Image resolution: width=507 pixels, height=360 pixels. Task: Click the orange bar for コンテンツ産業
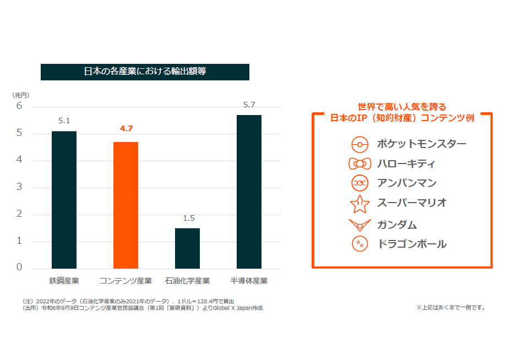pos(126,205)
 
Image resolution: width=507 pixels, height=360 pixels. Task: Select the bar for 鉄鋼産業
pos(64,200)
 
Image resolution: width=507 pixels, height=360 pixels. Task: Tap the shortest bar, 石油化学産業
pos(188,248)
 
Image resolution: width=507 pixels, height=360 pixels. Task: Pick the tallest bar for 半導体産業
pos(249,192)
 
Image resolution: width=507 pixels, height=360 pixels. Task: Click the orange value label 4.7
pos(126,129)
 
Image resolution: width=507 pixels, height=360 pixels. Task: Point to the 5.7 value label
pos(249,105)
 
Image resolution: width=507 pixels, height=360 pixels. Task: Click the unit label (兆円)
pos(21,95)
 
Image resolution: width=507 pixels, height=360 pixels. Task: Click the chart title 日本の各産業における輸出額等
pos(145,72)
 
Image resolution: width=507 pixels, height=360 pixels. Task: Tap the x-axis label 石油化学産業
pos(187,281)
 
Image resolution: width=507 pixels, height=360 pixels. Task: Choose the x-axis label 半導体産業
pos(249,281)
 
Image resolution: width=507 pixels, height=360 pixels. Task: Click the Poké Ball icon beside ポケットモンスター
pos(359,145)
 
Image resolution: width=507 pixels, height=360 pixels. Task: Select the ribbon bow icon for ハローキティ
pos(359,164)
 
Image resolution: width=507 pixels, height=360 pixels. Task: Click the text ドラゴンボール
pos(412,244)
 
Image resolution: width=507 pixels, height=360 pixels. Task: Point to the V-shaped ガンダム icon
pos(359,225)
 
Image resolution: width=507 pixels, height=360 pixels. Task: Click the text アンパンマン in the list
pos(407,183)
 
